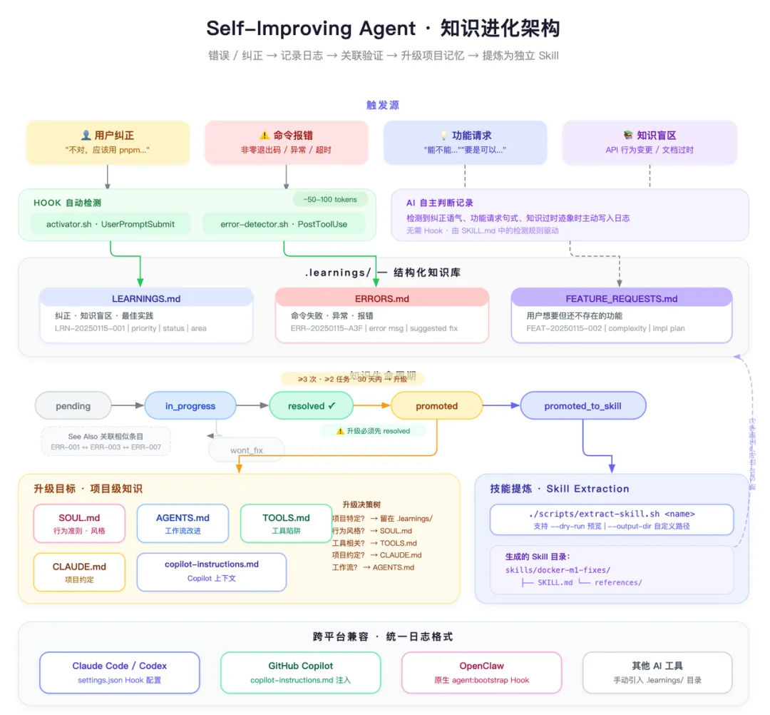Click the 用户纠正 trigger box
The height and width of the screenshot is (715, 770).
click(108, 142)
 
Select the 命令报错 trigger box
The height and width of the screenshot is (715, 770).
click(286, 142)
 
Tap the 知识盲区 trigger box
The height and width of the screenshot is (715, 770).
click(650, 142)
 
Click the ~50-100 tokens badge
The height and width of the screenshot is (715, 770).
click(330, 200)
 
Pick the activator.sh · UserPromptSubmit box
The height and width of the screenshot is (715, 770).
click(111, 224)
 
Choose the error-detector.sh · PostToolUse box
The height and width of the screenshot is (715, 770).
click(284, 224)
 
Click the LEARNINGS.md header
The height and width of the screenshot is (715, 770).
click(146, 298)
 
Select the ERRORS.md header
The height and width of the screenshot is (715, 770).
click(382, 298)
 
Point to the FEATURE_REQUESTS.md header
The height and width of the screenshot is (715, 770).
click(622, 298)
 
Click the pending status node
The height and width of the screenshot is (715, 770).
click(73, 406)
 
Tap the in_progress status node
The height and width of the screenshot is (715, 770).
click(190, 406)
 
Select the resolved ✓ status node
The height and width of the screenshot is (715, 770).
click(312, 406)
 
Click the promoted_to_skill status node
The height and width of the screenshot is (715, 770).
click(582, 406)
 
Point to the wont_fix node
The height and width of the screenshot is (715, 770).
click(247, 450)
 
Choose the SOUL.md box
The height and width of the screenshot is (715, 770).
click(79, 524)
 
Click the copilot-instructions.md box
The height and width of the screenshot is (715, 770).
click(212, 571)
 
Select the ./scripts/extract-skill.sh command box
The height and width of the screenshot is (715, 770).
click(611, 519)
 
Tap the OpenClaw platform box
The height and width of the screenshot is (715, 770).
click(481, 672)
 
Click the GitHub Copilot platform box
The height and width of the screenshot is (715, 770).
click(300, 672)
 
